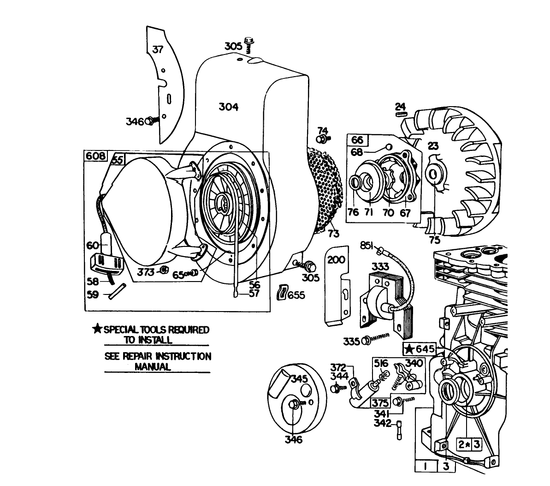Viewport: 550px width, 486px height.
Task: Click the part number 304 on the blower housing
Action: (228, 107)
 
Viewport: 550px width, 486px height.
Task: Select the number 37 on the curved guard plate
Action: (158, 49)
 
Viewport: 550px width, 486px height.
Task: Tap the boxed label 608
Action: (95, 156)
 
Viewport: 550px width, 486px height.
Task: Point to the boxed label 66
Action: (357, 140)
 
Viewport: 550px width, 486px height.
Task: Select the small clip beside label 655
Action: (281, 293)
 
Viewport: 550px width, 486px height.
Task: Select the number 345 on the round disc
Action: (299, 379)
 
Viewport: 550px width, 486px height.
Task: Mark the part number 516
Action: (381, 363)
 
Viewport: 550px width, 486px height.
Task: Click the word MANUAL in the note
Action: (153, 367)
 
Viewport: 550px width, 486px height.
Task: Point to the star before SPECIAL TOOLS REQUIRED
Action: (97, 329)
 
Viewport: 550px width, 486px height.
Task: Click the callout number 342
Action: (382, 423)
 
